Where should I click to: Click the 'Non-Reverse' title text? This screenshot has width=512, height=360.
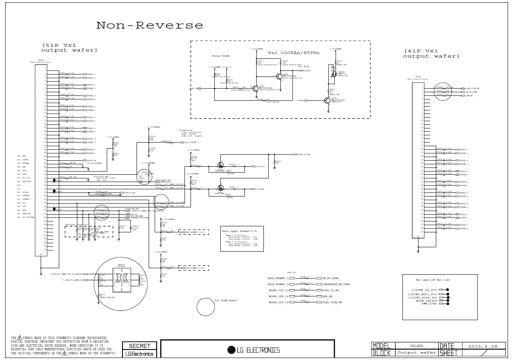coord(149,25)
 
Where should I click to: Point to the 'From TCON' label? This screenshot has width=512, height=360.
coord(221,56)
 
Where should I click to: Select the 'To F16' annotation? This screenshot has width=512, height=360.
coord(303,66)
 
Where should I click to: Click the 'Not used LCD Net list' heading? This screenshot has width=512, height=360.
coord(433,280)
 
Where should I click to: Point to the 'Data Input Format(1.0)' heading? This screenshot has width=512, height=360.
coord(240,231)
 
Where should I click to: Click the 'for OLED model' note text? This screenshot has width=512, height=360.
coord(226,300)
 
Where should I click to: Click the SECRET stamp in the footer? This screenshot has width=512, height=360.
coord(139,346)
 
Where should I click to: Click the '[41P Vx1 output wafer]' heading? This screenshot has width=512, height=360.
coord(431,54)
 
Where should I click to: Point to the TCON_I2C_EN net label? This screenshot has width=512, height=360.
coord(304,155)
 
